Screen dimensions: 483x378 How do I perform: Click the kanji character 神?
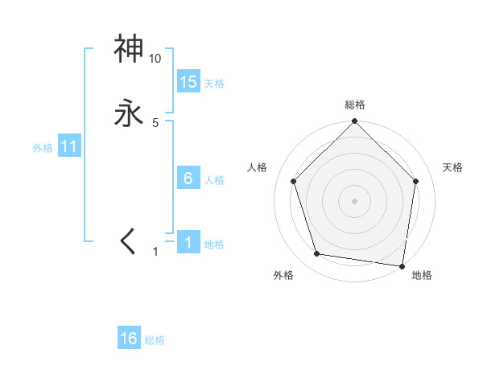[129, 49]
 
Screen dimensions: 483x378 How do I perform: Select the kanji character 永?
[129, 113]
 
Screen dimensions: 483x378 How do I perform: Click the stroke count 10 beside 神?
[155, 59]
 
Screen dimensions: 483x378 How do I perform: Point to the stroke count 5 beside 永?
[155, 123]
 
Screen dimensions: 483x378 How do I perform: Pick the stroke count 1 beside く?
[155, 252]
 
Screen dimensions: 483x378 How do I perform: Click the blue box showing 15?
[188, 81]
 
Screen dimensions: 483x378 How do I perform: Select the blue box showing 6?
[188, 178]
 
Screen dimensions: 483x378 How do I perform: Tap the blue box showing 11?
[69, 147]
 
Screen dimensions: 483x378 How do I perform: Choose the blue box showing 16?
[129, 339]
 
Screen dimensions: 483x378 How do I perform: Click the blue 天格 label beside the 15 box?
[214, 84]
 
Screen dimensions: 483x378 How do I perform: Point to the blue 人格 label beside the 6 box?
[214, 180]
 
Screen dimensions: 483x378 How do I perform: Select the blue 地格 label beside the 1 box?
[214, 244]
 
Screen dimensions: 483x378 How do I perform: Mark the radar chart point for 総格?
[354, 122]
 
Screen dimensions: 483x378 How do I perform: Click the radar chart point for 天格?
[416, 181]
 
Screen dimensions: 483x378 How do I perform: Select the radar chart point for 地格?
[402, 265]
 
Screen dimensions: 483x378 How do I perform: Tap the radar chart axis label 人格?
[258, 167]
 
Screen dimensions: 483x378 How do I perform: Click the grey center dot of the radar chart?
[354, 200]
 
